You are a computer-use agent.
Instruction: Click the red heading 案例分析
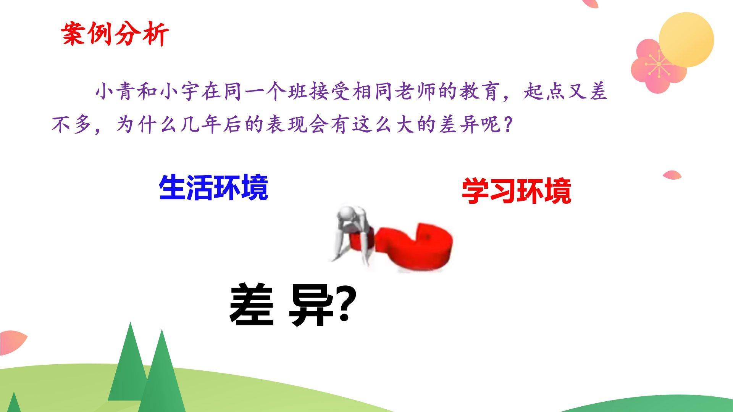click(115, 34)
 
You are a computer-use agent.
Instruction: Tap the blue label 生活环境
click(213, 188)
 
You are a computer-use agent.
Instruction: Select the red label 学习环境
click(516, 191)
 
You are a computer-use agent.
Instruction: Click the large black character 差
click(252, 304)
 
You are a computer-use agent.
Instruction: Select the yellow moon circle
click(686, 40)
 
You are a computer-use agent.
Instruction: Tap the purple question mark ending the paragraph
click(507, 125)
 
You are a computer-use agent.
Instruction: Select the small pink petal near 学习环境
click(672, 175)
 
